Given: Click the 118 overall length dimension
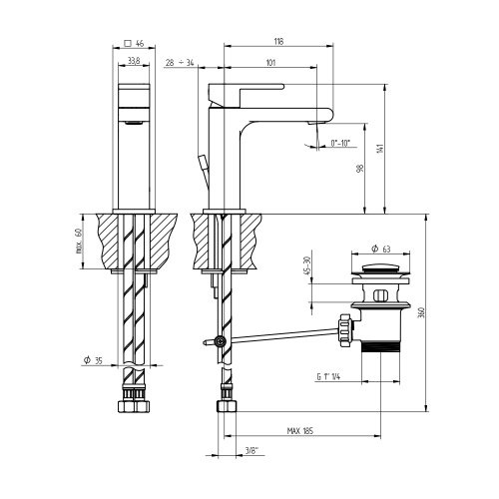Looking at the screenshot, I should [x=278, y=41].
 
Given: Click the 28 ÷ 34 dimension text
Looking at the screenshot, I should [x=181, y=63].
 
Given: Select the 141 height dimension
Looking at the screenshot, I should [x=380, y=149].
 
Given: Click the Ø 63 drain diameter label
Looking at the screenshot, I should [x=379, y=248].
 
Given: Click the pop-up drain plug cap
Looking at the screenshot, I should [x=379, y=267].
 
